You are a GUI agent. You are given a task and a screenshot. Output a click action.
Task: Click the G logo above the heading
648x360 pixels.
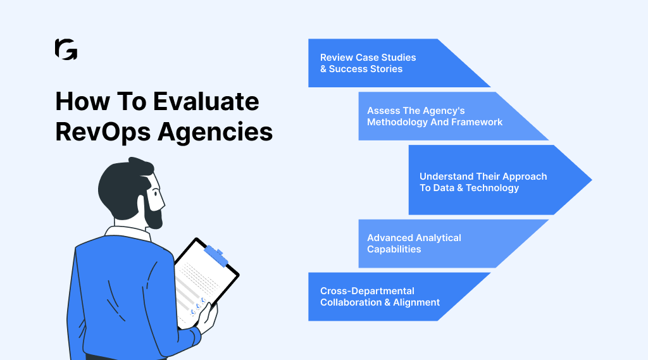pyautogui.click(x=66, y=49)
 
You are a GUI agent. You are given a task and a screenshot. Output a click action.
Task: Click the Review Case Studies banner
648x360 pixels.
pyautogui.click(x=380, y=63)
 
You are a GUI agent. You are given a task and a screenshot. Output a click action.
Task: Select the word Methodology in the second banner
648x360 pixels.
pyautogui.click(x=397, y=122)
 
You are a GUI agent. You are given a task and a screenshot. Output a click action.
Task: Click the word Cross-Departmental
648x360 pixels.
pyautogui.click(x=367, y=291)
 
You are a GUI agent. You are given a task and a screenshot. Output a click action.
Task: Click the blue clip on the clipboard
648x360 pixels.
pyautogui.click(x=216, y=255)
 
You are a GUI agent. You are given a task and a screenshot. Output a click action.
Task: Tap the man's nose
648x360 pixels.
pyautogui.click(x=163, y=202)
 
